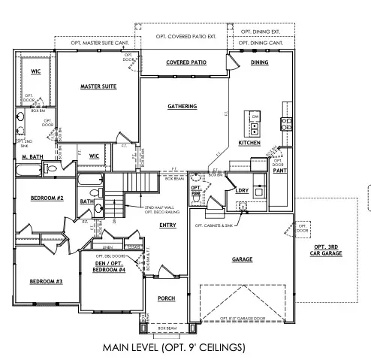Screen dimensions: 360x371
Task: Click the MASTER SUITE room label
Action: [98, 87]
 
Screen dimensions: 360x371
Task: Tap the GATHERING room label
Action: [182, 107]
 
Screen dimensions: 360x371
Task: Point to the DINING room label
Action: [260, 62]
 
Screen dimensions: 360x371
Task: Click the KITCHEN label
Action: [249, 142]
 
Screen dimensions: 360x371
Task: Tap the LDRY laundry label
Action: [242, 190]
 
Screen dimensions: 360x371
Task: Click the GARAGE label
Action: [242, 259]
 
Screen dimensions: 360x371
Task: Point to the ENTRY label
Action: [167, 225]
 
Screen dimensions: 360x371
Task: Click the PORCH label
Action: [166, 298]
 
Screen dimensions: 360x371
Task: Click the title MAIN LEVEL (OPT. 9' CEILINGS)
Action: [185, 349]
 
